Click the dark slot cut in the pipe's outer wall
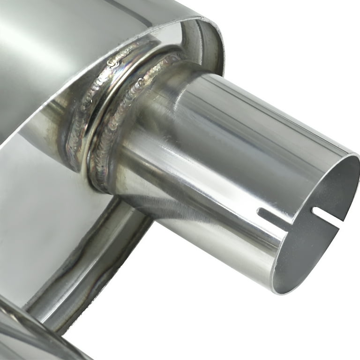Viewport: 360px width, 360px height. pos(275,216)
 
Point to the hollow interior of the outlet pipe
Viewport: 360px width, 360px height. pos(319,234)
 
